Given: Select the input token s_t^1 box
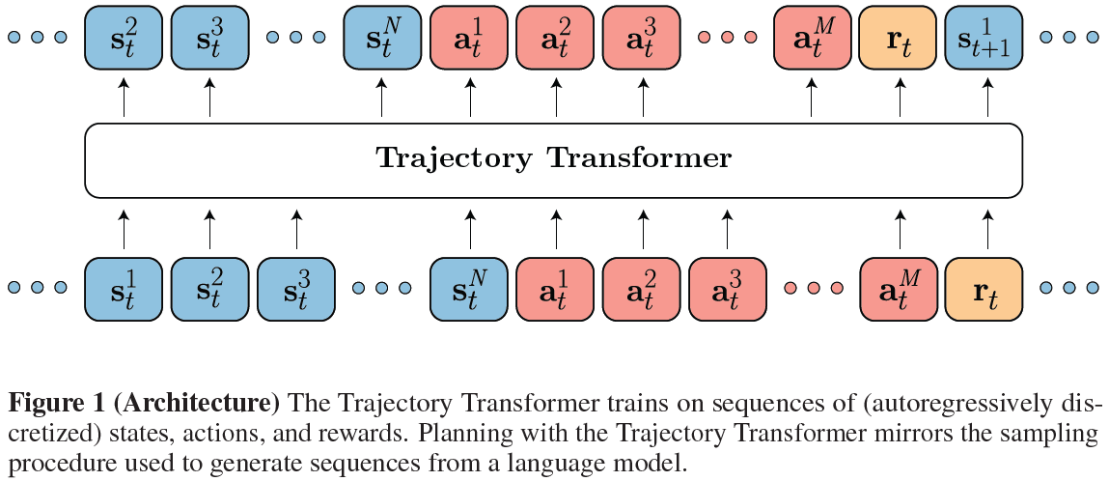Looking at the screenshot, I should pyautogui.click(x=124, y=288).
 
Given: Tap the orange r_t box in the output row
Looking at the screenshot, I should pyautogui.click(x=899, y=39).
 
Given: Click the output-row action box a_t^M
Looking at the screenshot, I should pyautogui.click(x=812, y=39).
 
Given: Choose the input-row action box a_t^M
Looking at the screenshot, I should pyautogui.click(x=899, y=288).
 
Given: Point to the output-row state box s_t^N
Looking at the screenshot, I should pyautogui.click(x=382, y=39).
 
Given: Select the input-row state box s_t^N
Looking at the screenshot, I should pyautogui.click(x=469, y=288).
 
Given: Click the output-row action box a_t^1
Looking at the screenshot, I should pyautogui.click(x=469, y=39).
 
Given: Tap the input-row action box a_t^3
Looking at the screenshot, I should pyautogui.click(x=727, y=288).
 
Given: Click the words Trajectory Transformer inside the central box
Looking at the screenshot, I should pyautogui.click(x=553, y=157).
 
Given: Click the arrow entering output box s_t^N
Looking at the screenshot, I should pyautogui.click(x=382, y=99).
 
